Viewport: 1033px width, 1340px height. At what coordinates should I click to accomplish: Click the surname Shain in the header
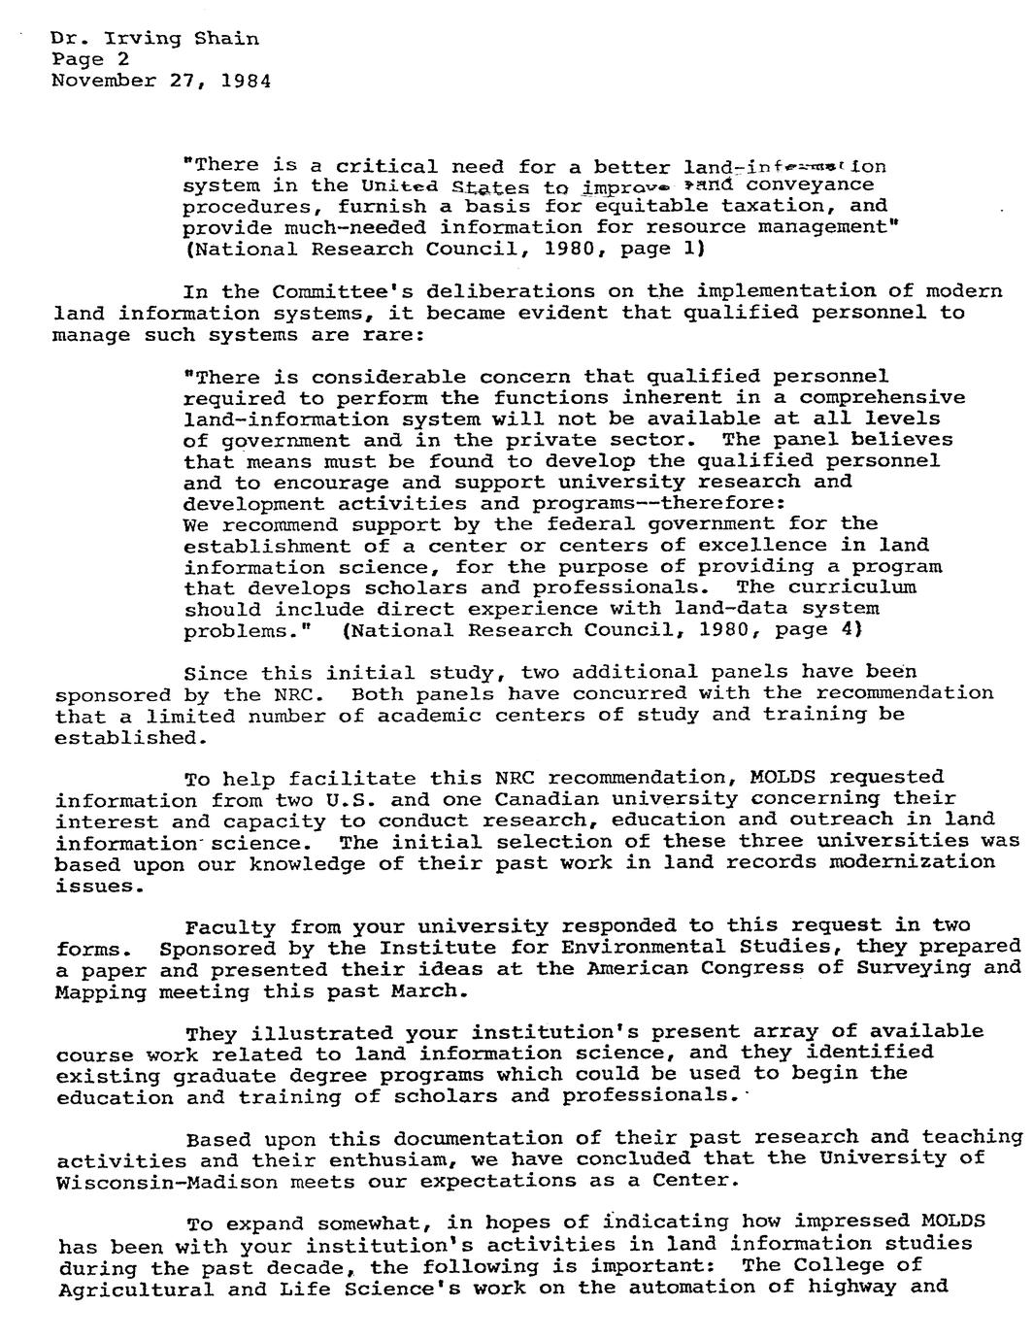point(226,39)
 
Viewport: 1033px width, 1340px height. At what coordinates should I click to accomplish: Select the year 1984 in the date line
point(246,81)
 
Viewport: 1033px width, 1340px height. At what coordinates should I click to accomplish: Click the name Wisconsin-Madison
point(168,1182)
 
